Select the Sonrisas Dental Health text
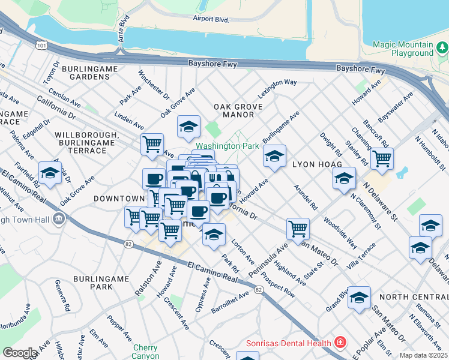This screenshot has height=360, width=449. tap(289, 343)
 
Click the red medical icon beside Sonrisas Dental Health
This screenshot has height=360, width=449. tap(340, 343)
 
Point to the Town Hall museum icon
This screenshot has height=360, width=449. tap(59, 218)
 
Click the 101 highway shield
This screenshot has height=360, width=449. tap(40, 44)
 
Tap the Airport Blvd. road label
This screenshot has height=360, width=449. tap(211, 19)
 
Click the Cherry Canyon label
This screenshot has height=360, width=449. tap(145, 352)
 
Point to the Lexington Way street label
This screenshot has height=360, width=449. tap(277, 89)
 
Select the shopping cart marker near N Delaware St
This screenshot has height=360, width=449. tap(382, 159)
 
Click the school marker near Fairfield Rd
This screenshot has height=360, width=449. tap(50, 173)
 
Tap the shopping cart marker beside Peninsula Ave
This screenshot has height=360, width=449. tap(298, 229)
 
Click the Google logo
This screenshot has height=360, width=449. tap(19, 353)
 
